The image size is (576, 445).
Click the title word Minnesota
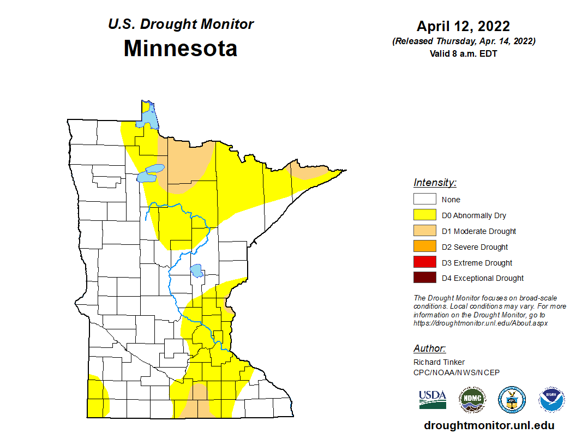coord(180,49)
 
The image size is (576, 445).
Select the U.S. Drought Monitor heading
coord(181,25)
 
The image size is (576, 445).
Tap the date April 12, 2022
coord(463,26)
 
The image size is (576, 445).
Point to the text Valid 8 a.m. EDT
coord(463,53)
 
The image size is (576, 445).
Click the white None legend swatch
coord(424,200)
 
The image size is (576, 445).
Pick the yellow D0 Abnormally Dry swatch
coord(424,215)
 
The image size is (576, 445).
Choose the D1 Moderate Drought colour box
coord(424,231)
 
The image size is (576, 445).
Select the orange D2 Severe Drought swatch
coord(424,246)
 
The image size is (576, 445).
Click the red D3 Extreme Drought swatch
coord(424,262)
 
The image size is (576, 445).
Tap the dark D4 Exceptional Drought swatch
coord(424,278)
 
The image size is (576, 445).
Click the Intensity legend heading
coord(435,183)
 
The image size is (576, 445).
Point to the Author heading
coord(429,348)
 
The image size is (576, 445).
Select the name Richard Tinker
coord(439,362)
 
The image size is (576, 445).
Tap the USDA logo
coord(433,399)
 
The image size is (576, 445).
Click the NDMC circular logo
coord(472,400)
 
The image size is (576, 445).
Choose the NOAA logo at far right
coord(551,400)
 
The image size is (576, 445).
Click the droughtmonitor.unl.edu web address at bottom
coord(489,426)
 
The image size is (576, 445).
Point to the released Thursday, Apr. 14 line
coord(463,41)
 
